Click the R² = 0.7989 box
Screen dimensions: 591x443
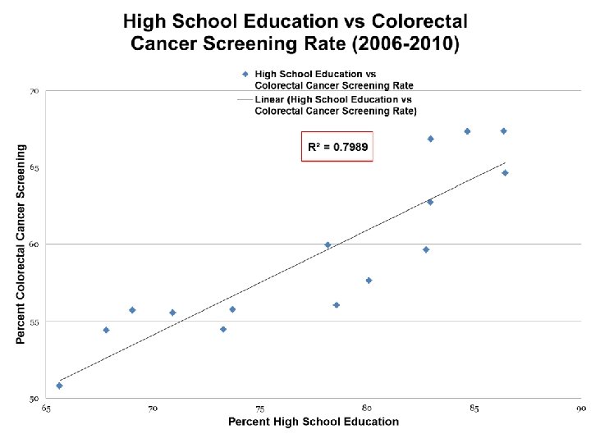tap(337, 147)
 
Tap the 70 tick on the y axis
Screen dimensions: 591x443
tap(34, 92)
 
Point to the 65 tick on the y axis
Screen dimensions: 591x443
tap(34, 168)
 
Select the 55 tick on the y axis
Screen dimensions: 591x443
tap(34, 322)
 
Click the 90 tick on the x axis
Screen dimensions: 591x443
tap(581, 409)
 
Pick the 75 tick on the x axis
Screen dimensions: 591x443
tap(259, 409)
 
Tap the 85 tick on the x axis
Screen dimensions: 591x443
tap(474, 409)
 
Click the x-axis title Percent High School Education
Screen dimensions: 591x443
tap(314, 422)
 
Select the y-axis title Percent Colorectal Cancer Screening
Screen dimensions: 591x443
tap(21, 244)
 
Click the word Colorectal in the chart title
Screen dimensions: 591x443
tap(419, 21)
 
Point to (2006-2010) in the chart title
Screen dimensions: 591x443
tap(405, 43)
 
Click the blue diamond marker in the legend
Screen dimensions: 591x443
tap(245, 74)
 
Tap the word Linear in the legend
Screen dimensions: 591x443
tap(269, 99)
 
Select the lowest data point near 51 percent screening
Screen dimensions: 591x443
tap(59, 386)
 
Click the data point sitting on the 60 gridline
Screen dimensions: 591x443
tap(328, 245)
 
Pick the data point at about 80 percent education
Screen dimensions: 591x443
tap(369, 281)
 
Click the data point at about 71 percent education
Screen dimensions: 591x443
tap(172, 313)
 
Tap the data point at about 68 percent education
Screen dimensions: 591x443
tap(106, 331)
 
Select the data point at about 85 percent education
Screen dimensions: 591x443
tap(467, 131)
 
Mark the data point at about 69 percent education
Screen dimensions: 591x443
tap(132, 310)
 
